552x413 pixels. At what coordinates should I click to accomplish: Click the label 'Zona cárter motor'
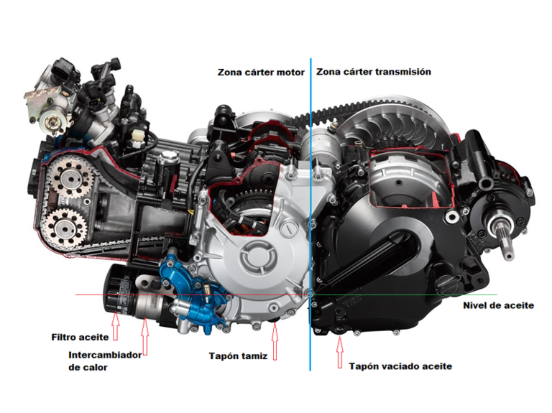[261, 73]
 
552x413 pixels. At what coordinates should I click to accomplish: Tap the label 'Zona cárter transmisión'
[373, 72]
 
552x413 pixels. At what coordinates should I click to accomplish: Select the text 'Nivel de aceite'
[498, 305]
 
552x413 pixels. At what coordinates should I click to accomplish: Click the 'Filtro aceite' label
[80, 336]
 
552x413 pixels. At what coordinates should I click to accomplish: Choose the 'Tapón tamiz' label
[237, 356]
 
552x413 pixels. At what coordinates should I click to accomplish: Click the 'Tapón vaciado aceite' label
[400, 366]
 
